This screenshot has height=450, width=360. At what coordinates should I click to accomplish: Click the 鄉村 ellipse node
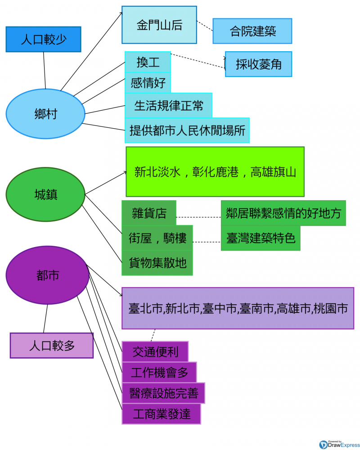(x=45, y=113)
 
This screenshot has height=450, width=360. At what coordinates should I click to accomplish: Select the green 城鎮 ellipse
(x=45, y=194)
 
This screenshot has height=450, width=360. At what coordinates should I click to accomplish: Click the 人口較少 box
(x=43, y=39)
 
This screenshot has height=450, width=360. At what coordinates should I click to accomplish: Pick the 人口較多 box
(x=52, y=346)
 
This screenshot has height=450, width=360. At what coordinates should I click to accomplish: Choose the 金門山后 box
(x=159, y=25)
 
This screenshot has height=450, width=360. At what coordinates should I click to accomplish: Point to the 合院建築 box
(x=252, y=31)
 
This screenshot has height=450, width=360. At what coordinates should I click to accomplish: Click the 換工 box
(x=148, y=62)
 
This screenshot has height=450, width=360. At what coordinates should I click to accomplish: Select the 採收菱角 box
(x=258, y=64)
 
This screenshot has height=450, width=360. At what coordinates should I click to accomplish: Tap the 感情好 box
(x=148, y=83)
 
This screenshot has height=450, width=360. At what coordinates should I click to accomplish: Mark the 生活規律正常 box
(x=168, y=105)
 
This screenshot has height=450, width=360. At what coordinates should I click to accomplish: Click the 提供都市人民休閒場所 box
(x=187, y=130)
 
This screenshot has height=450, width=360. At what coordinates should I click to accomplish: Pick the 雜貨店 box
(x=149, y=213)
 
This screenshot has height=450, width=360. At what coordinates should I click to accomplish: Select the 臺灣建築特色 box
(x=261, y=238)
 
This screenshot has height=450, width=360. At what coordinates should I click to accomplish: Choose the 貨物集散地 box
(x=157, y=263)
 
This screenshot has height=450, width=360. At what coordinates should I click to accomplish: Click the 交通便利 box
(x=155, y=351)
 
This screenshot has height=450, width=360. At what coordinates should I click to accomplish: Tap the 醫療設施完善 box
(x=163, y=393)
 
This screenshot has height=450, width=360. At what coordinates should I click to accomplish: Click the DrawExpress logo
(x=336, y=445)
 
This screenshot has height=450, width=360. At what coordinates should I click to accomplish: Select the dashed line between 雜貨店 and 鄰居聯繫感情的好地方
(x=198, y=217)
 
